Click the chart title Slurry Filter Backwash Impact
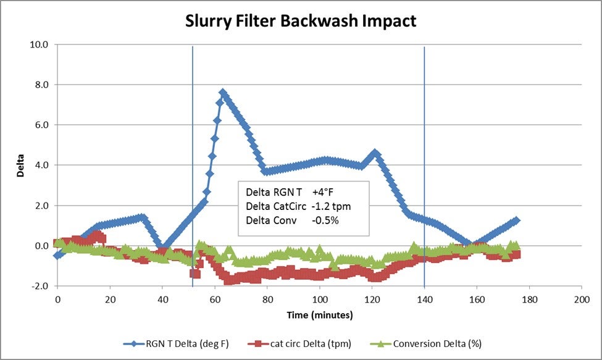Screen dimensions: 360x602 (301, 21)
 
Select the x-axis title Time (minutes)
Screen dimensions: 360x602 (319, 315)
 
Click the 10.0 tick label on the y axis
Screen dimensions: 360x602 (41, 44)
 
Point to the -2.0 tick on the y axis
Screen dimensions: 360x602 (41, 286)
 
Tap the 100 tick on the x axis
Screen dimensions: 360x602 (319, 298)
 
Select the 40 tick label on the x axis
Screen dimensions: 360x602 (162, 298)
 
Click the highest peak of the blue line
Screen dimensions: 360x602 (223, 93)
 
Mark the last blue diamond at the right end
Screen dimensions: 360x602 (516, 220)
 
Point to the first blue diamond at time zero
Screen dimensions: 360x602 (57, 255)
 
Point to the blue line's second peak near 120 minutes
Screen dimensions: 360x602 (374, 152)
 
